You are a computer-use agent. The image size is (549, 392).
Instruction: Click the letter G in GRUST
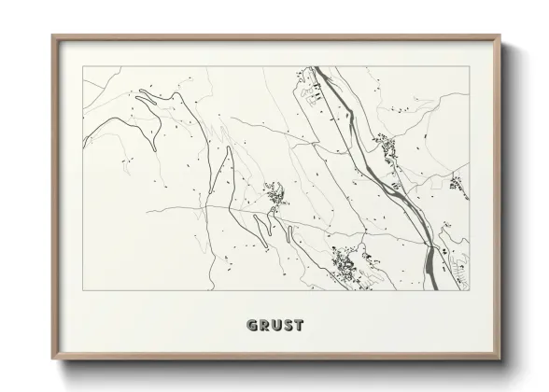[x=251, y=326]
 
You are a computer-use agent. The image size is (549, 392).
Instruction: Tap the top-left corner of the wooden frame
[x=52, y=36]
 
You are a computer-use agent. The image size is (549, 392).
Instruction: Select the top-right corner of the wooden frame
[x=500, y=36]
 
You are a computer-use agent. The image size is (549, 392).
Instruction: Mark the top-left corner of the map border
[x=83, y=67]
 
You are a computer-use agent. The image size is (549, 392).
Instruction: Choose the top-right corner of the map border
[x=467, y=67]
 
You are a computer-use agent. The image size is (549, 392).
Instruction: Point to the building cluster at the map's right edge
[x=457, y=182]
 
